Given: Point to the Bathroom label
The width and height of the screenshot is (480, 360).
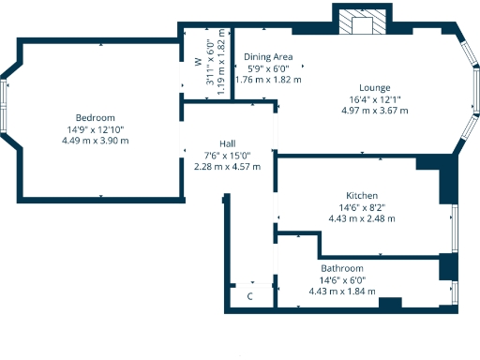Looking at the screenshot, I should coord(342,268).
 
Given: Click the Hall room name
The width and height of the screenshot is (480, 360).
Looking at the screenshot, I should coord(227,143).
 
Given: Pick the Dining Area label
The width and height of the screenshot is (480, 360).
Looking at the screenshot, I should coord(268,57).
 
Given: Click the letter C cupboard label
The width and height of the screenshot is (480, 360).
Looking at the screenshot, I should coord(249,296).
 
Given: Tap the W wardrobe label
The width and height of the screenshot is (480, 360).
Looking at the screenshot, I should coord(198,64).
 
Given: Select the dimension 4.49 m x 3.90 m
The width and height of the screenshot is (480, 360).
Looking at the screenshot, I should coord(95,141).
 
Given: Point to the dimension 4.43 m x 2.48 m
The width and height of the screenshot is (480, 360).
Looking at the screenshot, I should coord(361,218).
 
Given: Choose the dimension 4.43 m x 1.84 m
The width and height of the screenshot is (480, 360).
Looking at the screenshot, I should coord(342,292).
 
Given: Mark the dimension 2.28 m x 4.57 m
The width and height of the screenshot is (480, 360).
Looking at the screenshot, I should coord(227,166).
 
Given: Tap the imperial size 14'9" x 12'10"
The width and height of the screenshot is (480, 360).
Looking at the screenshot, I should coord(95,129).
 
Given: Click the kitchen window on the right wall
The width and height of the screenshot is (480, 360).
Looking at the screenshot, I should coord(455,226).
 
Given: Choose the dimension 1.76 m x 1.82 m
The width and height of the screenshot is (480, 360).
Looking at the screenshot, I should coord(268,80).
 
